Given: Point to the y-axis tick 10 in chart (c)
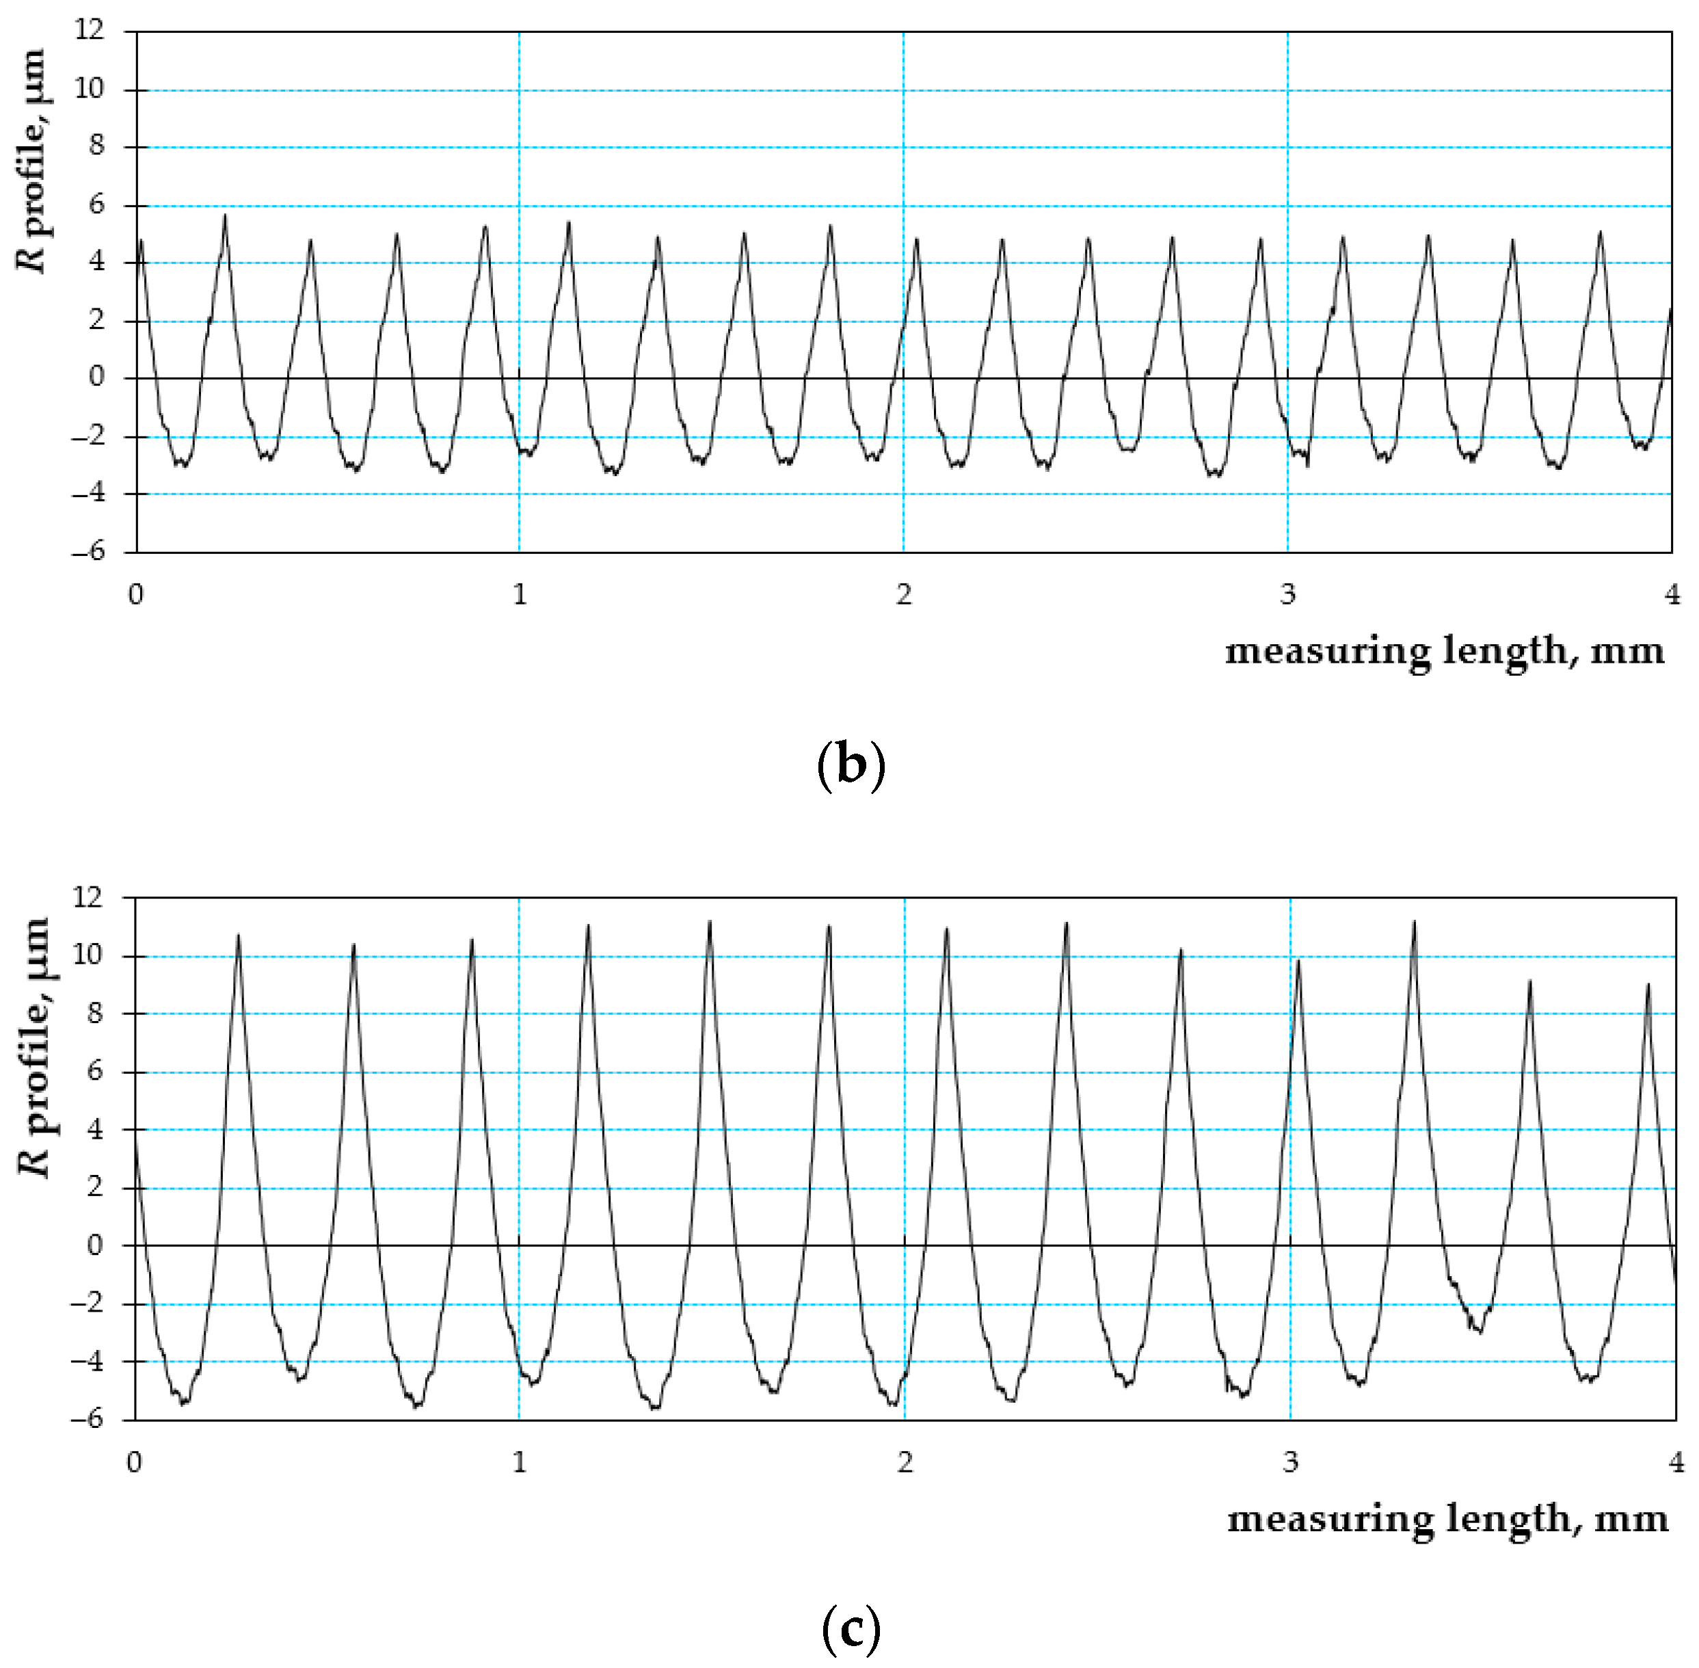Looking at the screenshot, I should [88, 955].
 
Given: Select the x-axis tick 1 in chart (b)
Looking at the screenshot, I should [520, 595].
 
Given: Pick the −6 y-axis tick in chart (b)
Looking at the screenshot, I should [88, 551].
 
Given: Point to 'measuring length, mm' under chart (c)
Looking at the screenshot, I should [1447, 1519].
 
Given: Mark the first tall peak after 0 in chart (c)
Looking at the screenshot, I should [238, 936].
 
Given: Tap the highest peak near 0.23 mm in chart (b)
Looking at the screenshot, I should [225, 215].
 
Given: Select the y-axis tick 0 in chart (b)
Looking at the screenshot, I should [96, 378].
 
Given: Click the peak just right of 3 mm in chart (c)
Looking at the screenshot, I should [1298, 961].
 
